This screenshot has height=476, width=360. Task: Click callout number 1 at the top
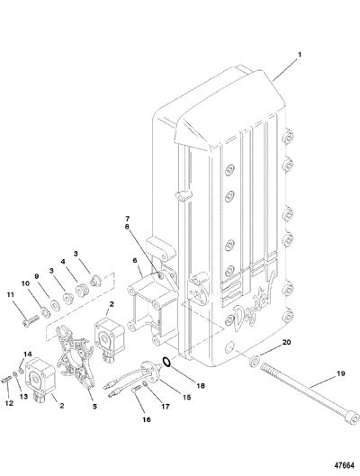tap(300, 55)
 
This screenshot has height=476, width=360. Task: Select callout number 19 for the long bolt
tap(341, 373)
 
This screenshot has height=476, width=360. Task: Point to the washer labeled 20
tap(254, 361)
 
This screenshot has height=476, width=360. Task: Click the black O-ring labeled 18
tap(166, 361)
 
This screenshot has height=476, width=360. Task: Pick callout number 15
tap(186, 397)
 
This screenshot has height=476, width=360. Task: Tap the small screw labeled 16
tap(135, 388)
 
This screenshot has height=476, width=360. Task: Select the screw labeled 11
tap(31, 320)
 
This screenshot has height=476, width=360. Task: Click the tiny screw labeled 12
tap(7, 379)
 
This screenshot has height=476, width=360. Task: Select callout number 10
tap(25, 283)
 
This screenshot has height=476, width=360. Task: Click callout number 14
tap(28, 355)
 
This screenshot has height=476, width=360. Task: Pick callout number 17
tap(166, 406)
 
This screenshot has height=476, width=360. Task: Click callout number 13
tap(23, 397)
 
